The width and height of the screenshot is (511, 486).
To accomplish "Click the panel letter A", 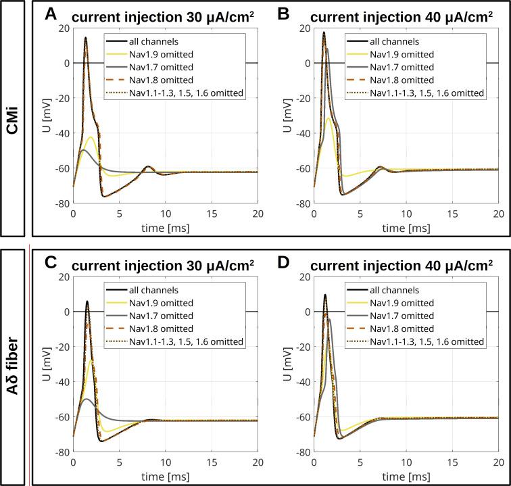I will pos(50,13).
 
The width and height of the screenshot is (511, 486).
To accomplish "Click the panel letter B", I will pos(285,13).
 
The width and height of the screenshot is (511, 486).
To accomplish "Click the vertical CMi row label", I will pos(13,118).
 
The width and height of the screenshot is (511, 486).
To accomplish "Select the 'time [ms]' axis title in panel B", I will pos(406,228).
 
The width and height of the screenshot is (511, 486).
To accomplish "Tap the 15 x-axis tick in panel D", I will pos(452,464).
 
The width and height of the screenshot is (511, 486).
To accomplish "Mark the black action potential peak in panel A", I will pos(86,38).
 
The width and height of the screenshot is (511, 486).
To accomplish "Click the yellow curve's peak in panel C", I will pos(91,360).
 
